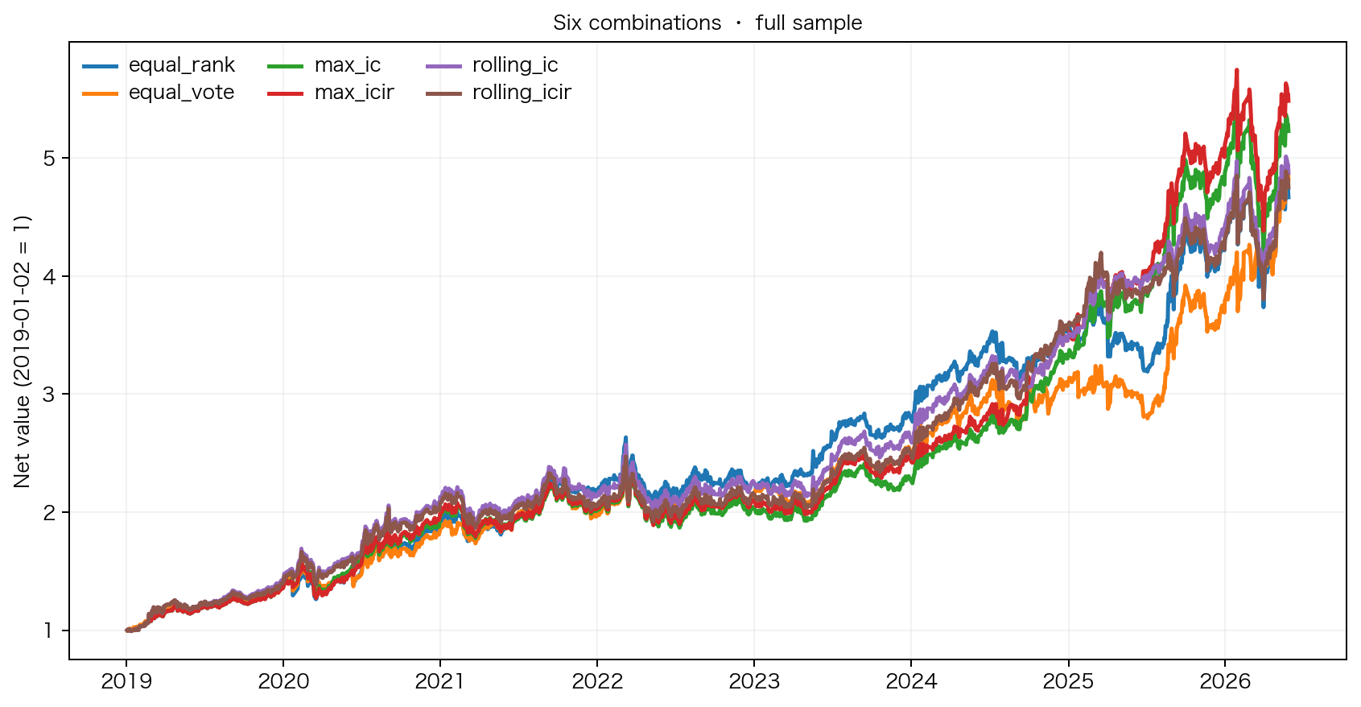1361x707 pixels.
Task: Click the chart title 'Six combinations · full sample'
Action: click(707, 23)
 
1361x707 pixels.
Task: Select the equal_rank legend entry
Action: click(159, 64)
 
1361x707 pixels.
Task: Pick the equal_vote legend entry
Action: click(158, 93)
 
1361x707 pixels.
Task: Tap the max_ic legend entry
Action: click(324, 64)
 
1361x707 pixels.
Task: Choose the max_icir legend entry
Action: click(331, 93)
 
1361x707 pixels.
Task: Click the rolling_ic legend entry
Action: click(492, 64)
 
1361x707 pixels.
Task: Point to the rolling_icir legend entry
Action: click(498, 93)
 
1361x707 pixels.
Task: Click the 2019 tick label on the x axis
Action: click(126, 681)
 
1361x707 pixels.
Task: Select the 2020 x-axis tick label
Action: click(283, 681)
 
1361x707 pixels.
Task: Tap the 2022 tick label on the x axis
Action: click(597, 681)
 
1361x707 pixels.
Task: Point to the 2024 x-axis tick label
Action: click(911, 681)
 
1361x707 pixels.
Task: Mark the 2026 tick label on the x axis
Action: click(1225, 681)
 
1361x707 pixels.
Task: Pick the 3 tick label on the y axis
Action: click(49, 394)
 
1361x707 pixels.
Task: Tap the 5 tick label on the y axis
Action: click(49, 158)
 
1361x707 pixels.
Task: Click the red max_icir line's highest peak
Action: click(1236, 71)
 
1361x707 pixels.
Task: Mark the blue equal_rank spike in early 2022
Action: click(626, 438)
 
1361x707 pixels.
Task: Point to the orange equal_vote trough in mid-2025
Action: click(1147, 418)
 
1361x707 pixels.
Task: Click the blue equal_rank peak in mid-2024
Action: click(993, 332)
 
